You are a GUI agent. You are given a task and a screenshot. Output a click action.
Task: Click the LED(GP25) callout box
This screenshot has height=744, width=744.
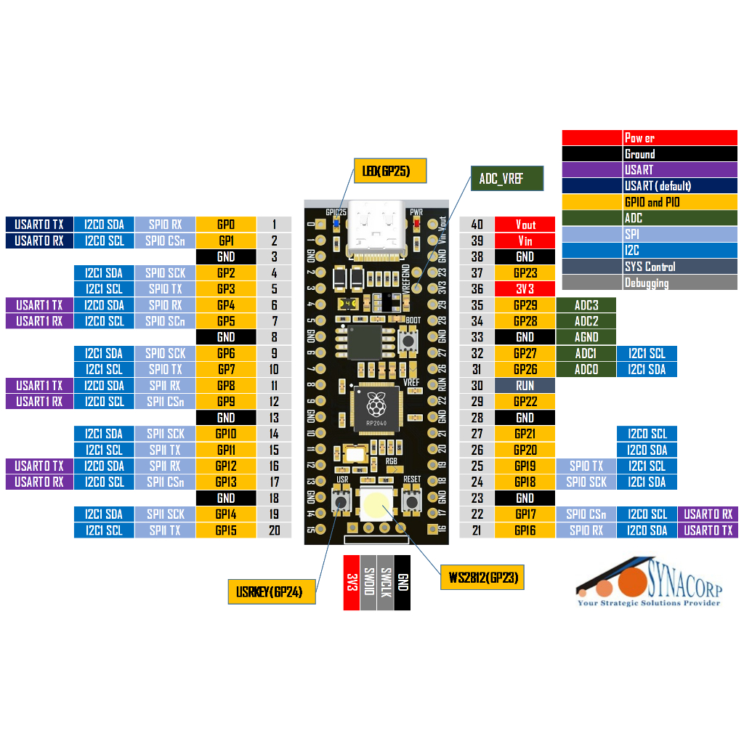coord(390,171)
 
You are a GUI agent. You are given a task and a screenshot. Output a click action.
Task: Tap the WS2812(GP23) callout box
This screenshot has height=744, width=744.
coord(482,578)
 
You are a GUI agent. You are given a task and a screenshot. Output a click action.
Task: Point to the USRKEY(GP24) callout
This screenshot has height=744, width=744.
coord(272,592)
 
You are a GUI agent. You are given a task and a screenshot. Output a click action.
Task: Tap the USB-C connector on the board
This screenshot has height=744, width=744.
coord(376,230)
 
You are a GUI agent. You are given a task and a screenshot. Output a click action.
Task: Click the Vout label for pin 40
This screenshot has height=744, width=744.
coord(525,225)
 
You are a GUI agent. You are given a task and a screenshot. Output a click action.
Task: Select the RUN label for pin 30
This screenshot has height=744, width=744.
coord(525,386)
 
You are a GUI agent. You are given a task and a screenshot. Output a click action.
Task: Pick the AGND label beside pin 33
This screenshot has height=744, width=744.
coord(586,337)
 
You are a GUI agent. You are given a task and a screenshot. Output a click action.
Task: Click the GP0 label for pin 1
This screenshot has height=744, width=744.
coord(226,225)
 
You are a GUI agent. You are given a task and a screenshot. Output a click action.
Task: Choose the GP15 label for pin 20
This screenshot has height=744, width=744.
coord(226,530)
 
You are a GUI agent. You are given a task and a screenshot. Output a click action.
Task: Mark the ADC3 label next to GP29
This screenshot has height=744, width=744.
coord(586,305)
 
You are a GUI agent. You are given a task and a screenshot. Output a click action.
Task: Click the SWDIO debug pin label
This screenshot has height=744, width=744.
coord(368,582)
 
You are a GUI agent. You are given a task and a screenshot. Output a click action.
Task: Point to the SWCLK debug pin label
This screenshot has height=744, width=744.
coord(386,582)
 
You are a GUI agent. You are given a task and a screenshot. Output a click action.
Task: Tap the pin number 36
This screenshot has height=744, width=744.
coord(477,289)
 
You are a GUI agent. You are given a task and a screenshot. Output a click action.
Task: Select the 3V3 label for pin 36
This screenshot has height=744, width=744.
coord(525,289)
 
